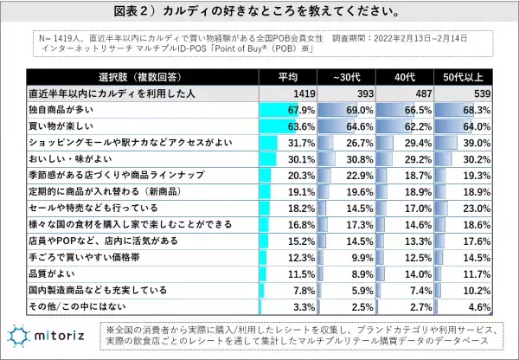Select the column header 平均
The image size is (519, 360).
[290, 76]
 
